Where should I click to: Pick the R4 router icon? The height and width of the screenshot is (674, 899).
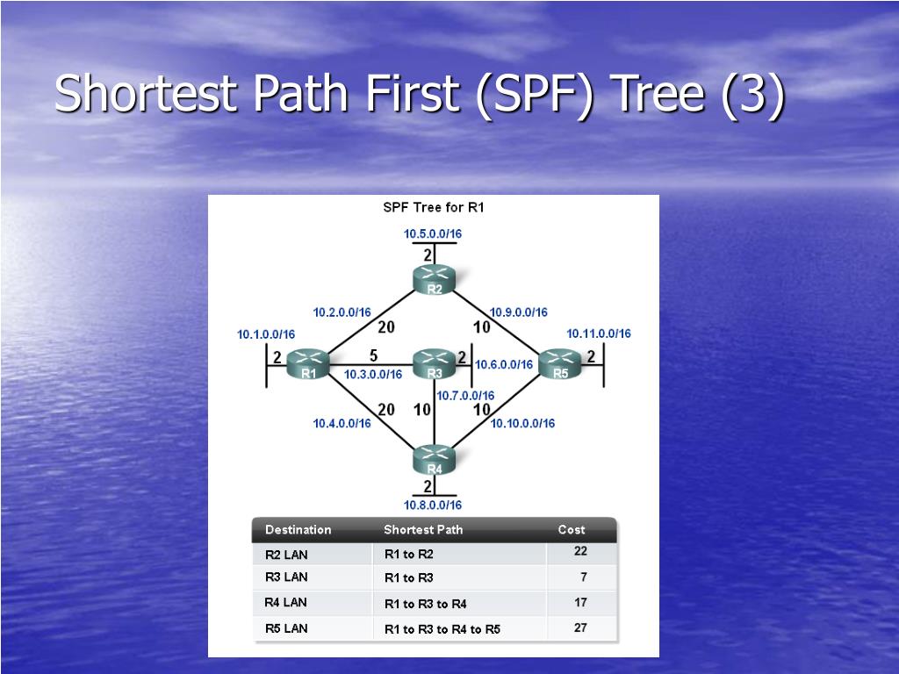pos(434,459)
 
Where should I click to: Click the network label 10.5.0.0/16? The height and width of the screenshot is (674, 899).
pos(433,233)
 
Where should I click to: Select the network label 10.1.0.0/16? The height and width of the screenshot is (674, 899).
pos(266,334)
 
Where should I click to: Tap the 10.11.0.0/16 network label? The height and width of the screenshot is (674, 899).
pos(599,333)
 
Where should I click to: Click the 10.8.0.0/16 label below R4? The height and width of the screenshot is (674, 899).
pos(433,505)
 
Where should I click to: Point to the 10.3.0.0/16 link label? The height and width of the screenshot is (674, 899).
pos(373,375)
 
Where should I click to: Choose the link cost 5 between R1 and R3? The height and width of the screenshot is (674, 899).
pos(373,356)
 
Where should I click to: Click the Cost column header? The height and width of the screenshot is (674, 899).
pos(572,530)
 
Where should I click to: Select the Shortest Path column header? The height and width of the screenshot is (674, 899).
pos(423,530)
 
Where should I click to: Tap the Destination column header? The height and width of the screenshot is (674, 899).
pos(298,530)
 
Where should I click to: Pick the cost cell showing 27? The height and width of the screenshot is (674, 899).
pos(580,628)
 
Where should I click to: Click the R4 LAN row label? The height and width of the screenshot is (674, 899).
pos(286,603)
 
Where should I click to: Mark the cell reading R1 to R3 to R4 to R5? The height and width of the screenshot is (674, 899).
pos(442,629)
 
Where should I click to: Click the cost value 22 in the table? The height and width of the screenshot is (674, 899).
pos(580,551)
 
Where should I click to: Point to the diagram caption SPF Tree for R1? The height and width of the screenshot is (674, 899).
pos(433,208)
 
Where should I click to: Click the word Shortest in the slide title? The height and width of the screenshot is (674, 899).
pos(149,94)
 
